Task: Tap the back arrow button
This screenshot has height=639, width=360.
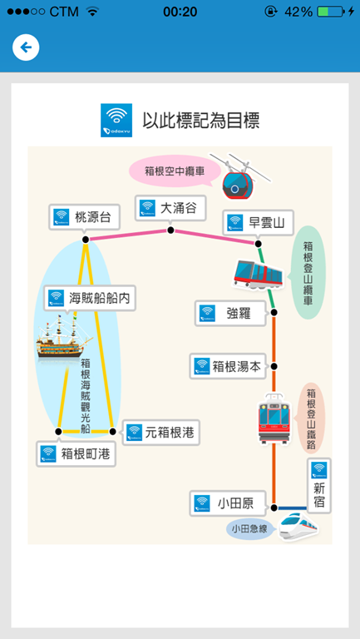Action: tap(26, 47)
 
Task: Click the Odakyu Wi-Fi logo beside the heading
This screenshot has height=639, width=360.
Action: tap(116, 120)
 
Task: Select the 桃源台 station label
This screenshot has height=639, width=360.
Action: tap(86, 217)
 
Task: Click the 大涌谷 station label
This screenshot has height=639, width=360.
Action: tap(170, 208)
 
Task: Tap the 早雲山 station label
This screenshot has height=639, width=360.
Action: tap(259, 222)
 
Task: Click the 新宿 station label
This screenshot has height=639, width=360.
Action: tap(319, 485)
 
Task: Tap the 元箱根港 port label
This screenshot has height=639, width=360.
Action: tap(161, 433)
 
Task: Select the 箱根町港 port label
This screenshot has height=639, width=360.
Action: tap(76, 453)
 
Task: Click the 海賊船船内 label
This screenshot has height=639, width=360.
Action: tap(90, 298)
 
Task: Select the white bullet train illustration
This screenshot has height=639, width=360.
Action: tap(298, 527)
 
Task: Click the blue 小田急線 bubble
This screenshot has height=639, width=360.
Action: tap(249, 529)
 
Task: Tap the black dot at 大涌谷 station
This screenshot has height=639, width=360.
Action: tap(170, 230)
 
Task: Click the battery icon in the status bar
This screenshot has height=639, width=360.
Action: tap(330, 12)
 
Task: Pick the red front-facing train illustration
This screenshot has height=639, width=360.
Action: tap(274, 419)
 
